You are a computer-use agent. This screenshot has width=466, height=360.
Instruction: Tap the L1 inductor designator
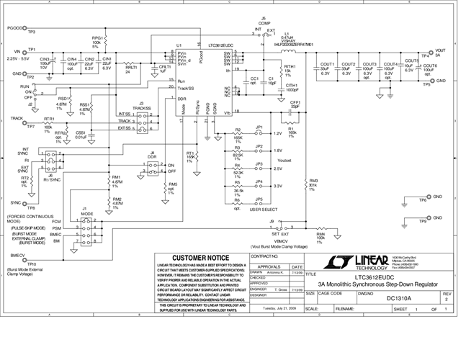287,33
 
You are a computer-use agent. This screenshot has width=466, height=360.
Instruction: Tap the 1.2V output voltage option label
277,133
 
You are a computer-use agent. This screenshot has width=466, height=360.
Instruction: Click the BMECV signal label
18,256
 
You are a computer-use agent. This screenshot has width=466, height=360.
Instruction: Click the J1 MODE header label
85,212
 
